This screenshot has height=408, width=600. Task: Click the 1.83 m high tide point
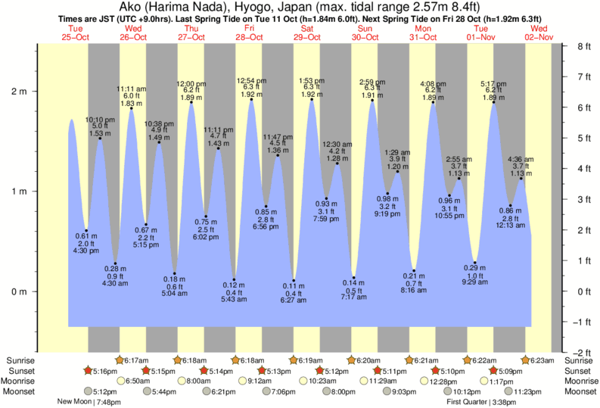pos(132,108)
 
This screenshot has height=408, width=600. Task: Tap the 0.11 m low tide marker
pos(294,281)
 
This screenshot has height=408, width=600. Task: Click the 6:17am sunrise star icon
pos(120,360)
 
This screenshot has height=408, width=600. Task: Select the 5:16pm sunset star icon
pos(89,371)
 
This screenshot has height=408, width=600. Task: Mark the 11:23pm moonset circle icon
pos(507,392)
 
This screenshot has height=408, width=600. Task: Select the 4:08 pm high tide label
pos(433,83)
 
